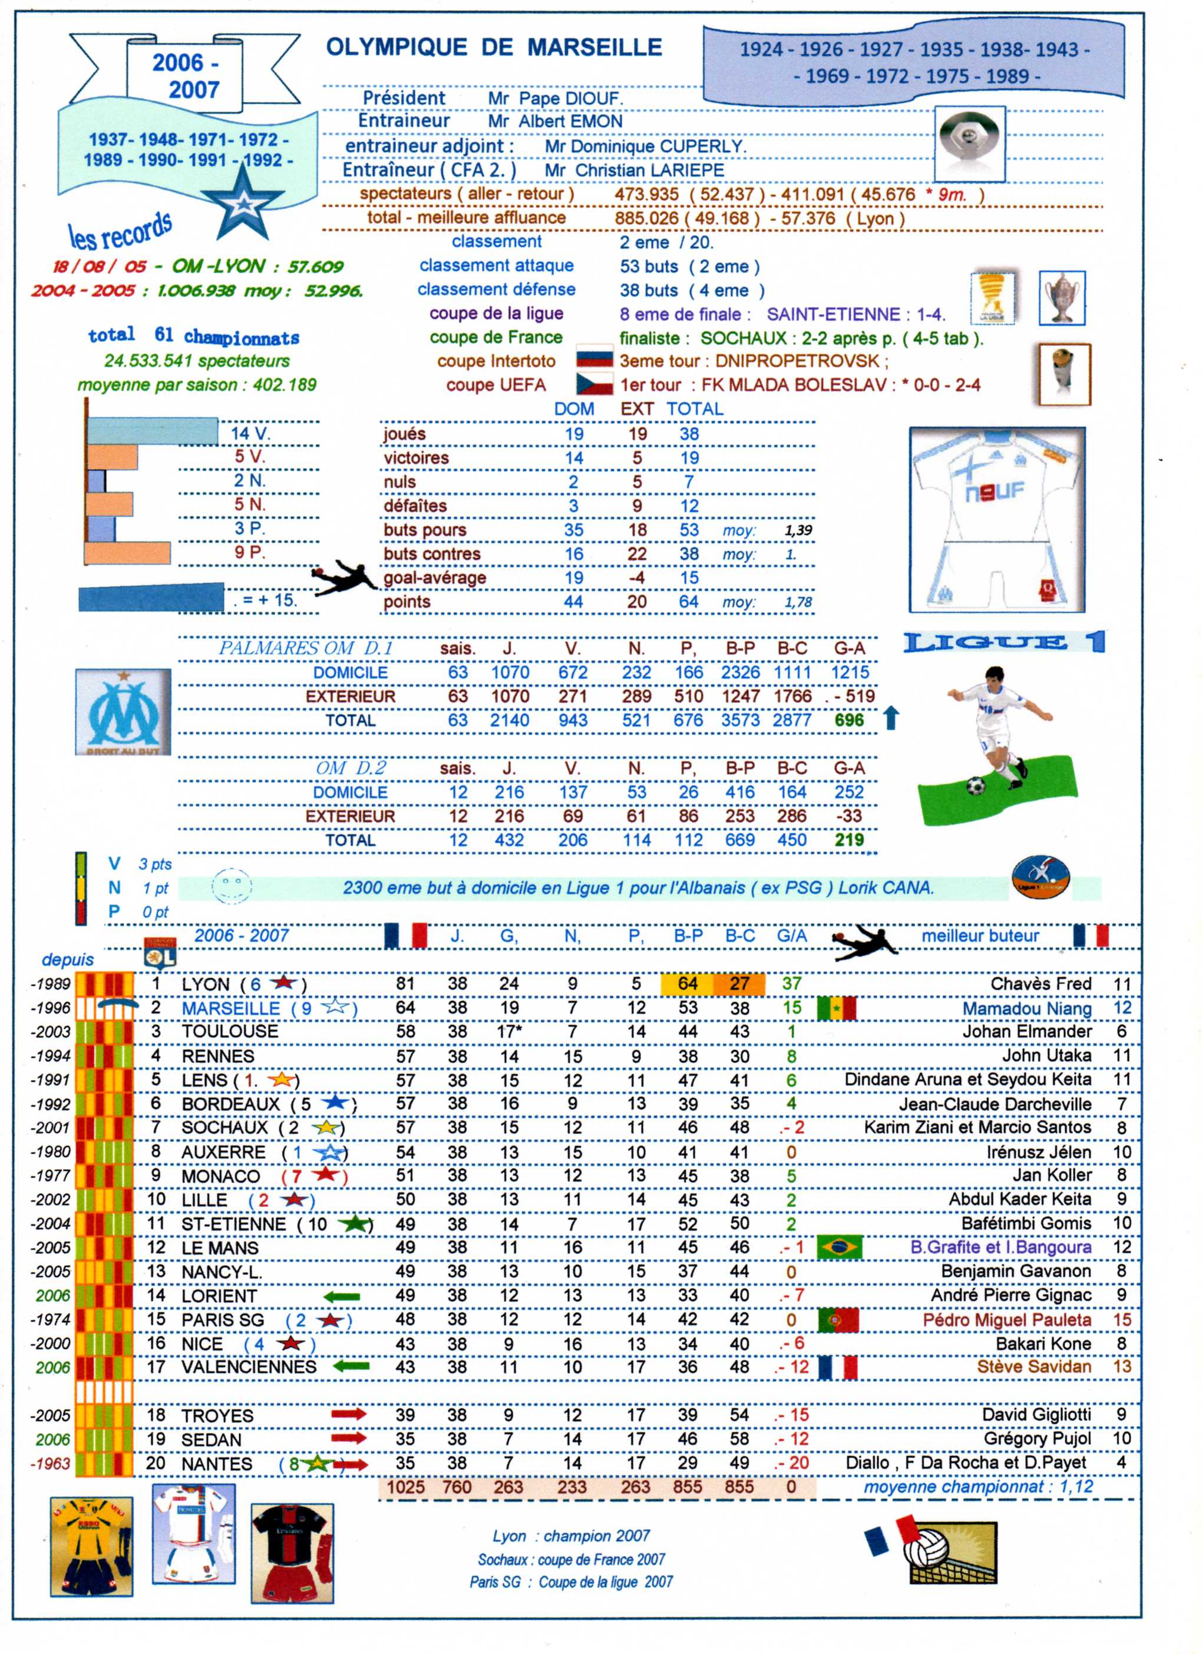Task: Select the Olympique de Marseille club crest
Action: [x=123, y=712]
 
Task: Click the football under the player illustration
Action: [x=975, y=786]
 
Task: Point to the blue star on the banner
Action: [x=243, y=205]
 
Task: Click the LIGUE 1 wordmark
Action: [x=1003, y=642]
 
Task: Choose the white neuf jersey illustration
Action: [x=996, y=519]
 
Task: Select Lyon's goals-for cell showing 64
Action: [x=687, y=984]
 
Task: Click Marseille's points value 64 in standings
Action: [x=405, y=1008]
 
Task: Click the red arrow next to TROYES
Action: [x=349, y=1414]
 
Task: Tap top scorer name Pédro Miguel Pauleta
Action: [x=1006, y=1320]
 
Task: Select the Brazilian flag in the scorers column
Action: [x=839, y=1247]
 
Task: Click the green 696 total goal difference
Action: [x=849, y=721]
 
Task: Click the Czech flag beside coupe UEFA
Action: [x=595, y=384]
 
